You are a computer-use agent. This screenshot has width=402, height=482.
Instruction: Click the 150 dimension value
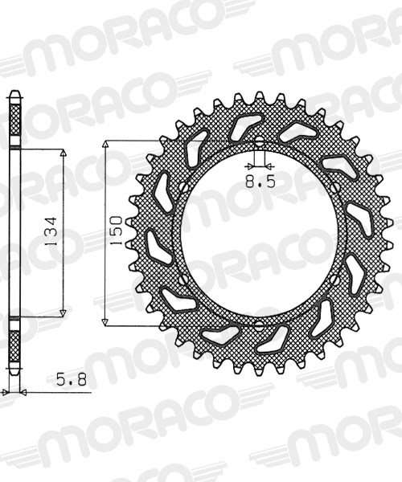click(x=117, y=231)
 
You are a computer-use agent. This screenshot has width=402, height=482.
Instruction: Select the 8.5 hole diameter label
click(x=260, y=182)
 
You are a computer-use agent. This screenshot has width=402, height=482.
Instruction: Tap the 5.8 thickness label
click(x=72, y=380)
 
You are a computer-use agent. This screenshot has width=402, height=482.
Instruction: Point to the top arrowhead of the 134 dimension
click(x=63, y=153)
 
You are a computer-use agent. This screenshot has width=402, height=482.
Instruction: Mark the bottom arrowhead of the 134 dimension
click(x=63, y=312)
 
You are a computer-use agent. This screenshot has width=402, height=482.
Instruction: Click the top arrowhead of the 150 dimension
click(x=105, y=145)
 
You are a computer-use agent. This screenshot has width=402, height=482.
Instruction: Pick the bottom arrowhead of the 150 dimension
click(x=105, y=321)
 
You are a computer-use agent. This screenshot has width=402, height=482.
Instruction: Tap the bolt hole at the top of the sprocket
click(x=259, y=141)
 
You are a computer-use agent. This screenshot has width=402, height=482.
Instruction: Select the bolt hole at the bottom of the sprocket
click(x=259, y=325)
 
